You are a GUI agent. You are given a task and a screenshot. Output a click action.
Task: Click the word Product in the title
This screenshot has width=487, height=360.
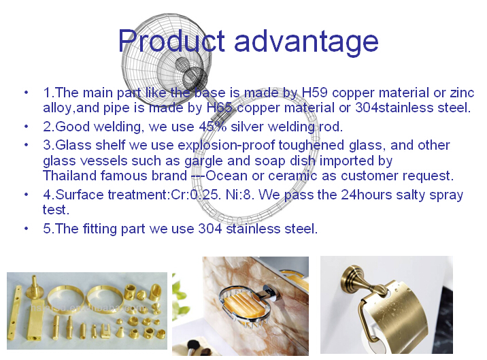coord(171,41)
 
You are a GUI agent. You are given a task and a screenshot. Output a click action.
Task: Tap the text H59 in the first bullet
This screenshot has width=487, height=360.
coord(315,93)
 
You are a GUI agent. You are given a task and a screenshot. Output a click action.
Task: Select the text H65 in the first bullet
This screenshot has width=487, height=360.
coord(220,108)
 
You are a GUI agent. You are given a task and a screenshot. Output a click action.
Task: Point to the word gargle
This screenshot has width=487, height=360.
coord(204,161)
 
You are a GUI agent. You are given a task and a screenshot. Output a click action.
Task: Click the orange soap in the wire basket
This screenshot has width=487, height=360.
coord(243,306)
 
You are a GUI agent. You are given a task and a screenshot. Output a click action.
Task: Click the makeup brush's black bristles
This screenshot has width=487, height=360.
coord(193,345)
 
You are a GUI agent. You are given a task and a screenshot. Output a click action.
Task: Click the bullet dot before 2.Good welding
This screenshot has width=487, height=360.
coord(26,127)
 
